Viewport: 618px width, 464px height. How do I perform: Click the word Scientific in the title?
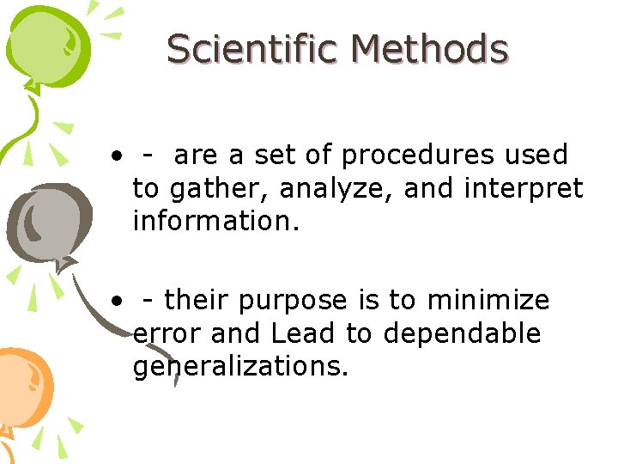(x=252, y=49)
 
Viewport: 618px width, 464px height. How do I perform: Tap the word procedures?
(x=416, y=156)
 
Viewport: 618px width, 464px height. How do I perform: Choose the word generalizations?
(x=240, y=366)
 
